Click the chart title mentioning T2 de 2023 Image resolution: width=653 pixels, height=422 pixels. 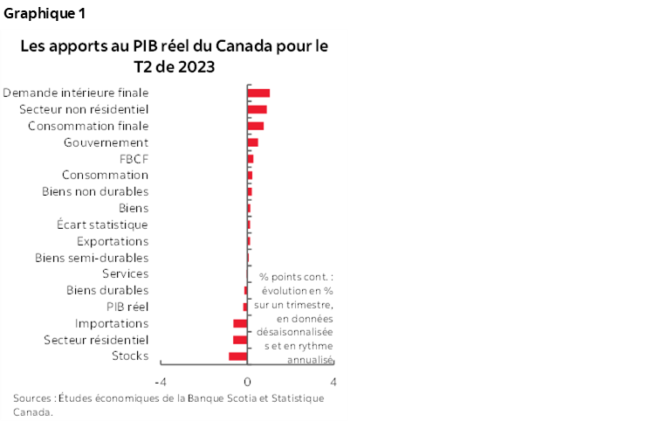pos(175,56)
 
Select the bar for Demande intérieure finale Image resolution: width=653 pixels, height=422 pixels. pos(258,93)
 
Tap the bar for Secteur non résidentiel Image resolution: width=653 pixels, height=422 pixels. pos(257,109)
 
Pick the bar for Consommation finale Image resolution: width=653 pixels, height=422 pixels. pos(255,126)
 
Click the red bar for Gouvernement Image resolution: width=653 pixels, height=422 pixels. pos(252,142)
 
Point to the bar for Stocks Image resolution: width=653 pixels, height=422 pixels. pos(238,356)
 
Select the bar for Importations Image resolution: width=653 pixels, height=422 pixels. pos(240,323)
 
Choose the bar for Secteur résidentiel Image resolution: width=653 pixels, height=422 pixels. pos(240,339)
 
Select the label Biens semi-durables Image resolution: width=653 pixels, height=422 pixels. pos(91,258)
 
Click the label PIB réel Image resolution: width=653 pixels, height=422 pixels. pos(127,307)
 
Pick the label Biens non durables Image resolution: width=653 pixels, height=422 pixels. pos(95,191)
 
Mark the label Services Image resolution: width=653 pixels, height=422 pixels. pos(125,273)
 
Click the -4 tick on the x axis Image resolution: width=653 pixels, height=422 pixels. pos(160,382)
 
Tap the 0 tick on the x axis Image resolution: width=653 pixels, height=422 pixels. pos(247,382)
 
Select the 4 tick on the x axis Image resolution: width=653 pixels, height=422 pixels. pos(334,382)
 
